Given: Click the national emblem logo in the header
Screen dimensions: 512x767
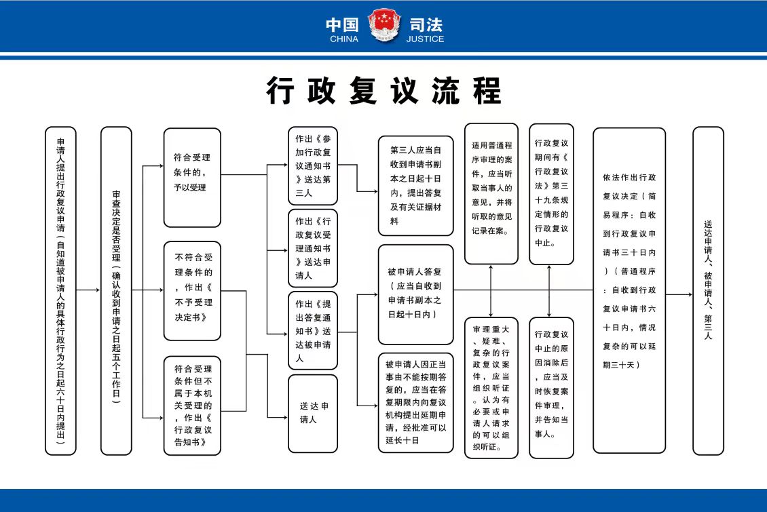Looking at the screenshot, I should coord(384,26).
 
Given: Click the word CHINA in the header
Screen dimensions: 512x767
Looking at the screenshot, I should coord(343,39).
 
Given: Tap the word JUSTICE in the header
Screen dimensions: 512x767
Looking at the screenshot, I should coord(426,39).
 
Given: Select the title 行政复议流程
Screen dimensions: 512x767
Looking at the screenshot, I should coord(383,90).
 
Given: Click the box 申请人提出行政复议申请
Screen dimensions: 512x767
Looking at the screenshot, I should coord(60,290).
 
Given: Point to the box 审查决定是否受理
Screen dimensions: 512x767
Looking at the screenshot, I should coord(116,290).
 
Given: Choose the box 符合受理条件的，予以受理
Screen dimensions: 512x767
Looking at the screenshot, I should coord(192,177).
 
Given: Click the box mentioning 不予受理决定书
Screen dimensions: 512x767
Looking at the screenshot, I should coord(192,290).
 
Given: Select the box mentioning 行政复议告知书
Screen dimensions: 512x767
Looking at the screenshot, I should coord(192,405).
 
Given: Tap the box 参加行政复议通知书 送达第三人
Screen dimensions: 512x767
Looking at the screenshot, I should coord(312,165).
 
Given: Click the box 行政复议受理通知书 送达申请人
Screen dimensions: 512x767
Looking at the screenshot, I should coord(312,248).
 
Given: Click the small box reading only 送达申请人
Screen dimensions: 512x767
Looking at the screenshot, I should coord(312,413).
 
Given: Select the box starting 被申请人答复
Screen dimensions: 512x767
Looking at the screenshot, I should coord(415,294).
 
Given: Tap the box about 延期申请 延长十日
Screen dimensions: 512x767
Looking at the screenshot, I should coord(415,402).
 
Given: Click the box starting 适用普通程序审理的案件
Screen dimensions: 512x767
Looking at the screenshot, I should coord(491,193).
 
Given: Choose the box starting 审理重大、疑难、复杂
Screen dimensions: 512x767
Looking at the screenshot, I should coord(491,388).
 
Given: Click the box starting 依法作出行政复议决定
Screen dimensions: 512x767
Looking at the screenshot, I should coord(629,290).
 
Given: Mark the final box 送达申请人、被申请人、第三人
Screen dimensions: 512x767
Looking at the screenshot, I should coord(708,290).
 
